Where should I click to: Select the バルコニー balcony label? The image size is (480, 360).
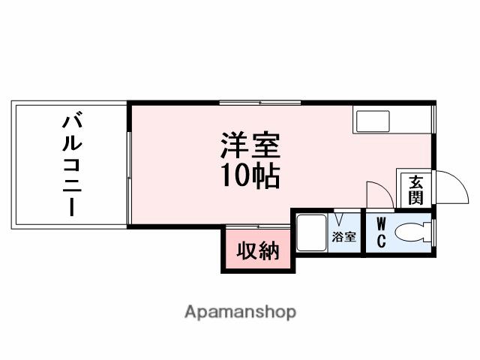coord(72,164)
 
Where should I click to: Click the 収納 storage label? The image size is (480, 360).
coord(258,251)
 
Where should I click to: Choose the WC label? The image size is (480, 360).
coord(381,232)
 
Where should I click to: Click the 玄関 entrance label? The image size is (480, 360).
coord(415,189)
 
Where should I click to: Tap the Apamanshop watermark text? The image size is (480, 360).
coord(240,311)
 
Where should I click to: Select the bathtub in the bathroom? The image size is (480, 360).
coord(310,232)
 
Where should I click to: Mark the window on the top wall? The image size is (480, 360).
coord(259,102)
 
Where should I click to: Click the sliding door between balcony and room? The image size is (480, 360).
coord(129,165)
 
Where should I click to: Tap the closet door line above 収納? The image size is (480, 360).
coord(258,226)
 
